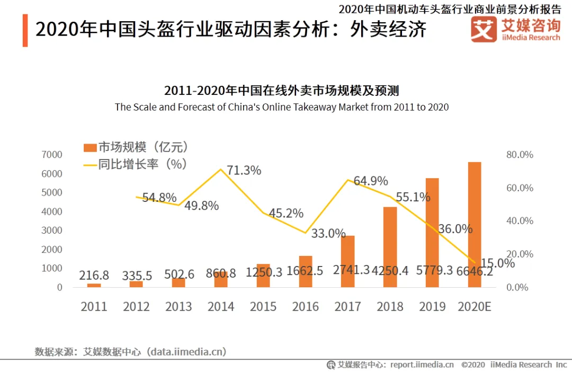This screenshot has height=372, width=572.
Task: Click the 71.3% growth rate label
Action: pyautogui.click(x=244, y=171)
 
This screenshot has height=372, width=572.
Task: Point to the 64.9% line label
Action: pyautogui.click(x=371, y=181)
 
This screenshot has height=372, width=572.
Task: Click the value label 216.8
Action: pyautogui.click(x=94, y=276)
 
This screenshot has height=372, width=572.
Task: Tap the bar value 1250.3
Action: pyautogui.click(x=264, y=272)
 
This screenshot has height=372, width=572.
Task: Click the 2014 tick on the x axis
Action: pyautogui.click(x=221, y=307)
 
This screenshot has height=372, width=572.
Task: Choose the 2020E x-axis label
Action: pyautogui.click(x=475, y=307)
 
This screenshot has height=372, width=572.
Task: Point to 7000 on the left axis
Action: pyautogui.click(x=52, y=155)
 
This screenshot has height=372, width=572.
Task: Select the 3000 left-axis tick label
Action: pyautogui.click(x=52, y=231)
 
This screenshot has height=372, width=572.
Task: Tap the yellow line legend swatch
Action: pyautogui.click(x=90, y=164)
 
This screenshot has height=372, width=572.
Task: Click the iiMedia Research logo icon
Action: pyautogui.click(x=484, y=29)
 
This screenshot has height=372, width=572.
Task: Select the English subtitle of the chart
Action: pyautogui.click(x=282, y=107)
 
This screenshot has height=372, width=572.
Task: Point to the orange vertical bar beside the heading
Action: pyautogui.click(x=25, y=31)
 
